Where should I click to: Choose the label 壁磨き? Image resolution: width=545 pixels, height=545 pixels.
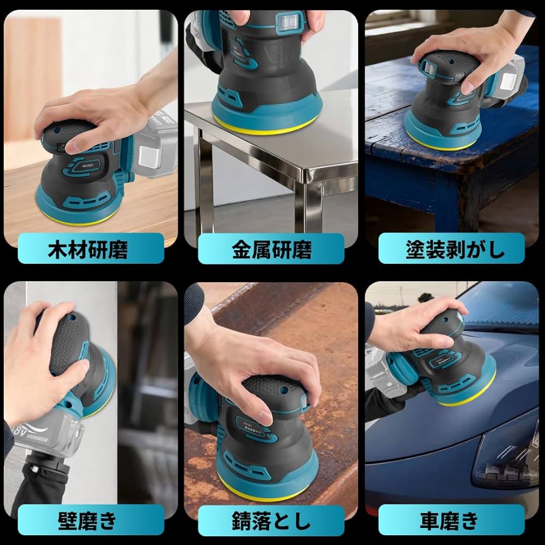point(88,520)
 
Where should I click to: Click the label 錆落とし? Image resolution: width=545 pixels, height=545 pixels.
point(271,520)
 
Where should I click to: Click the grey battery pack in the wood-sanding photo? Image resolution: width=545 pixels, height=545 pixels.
point(155,150)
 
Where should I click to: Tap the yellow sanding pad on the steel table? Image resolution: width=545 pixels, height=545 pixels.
point(262,126)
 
